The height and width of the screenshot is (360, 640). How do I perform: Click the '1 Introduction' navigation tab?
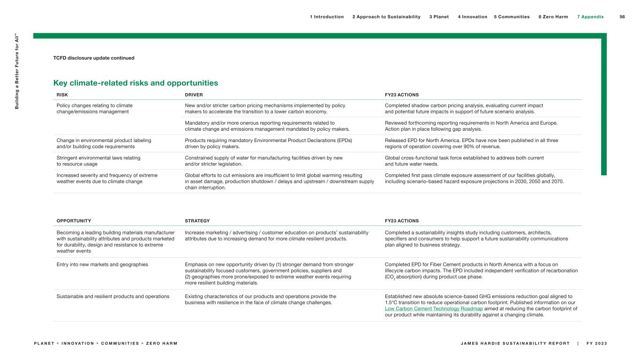tap(327, 17)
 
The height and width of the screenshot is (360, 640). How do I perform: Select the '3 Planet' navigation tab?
tap(439, 17)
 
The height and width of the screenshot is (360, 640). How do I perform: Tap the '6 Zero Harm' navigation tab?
tap(553, 17)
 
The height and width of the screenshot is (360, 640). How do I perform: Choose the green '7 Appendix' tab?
tap(590, 17)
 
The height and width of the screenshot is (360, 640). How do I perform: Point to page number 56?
tap(622, 17)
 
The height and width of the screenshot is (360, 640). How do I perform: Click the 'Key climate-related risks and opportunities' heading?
tap(136, 83)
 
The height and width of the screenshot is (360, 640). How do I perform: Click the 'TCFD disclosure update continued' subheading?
tap(94, 58)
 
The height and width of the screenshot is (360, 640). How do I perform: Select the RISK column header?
tap(62, 95)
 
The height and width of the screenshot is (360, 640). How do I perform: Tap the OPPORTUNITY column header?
tap(74, 221)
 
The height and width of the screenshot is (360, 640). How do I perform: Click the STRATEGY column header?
tap(197, 221)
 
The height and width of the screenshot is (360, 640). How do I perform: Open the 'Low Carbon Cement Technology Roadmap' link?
tap(434, 308)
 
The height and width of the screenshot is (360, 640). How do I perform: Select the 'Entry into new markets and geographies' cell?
tap(102, 264)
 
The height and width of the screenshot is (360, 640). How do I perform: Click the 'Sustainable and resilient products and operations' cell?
tap(113, 296)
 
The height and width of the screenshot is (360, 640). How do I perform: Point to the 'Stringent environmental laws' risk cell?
tap(98, 161)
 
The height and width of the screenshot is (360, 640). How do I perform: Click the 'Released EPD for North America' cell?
tap(471, 143)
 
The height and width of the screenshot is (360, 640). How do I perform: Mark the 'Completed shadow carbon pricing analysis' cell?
tap(464, 108)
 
